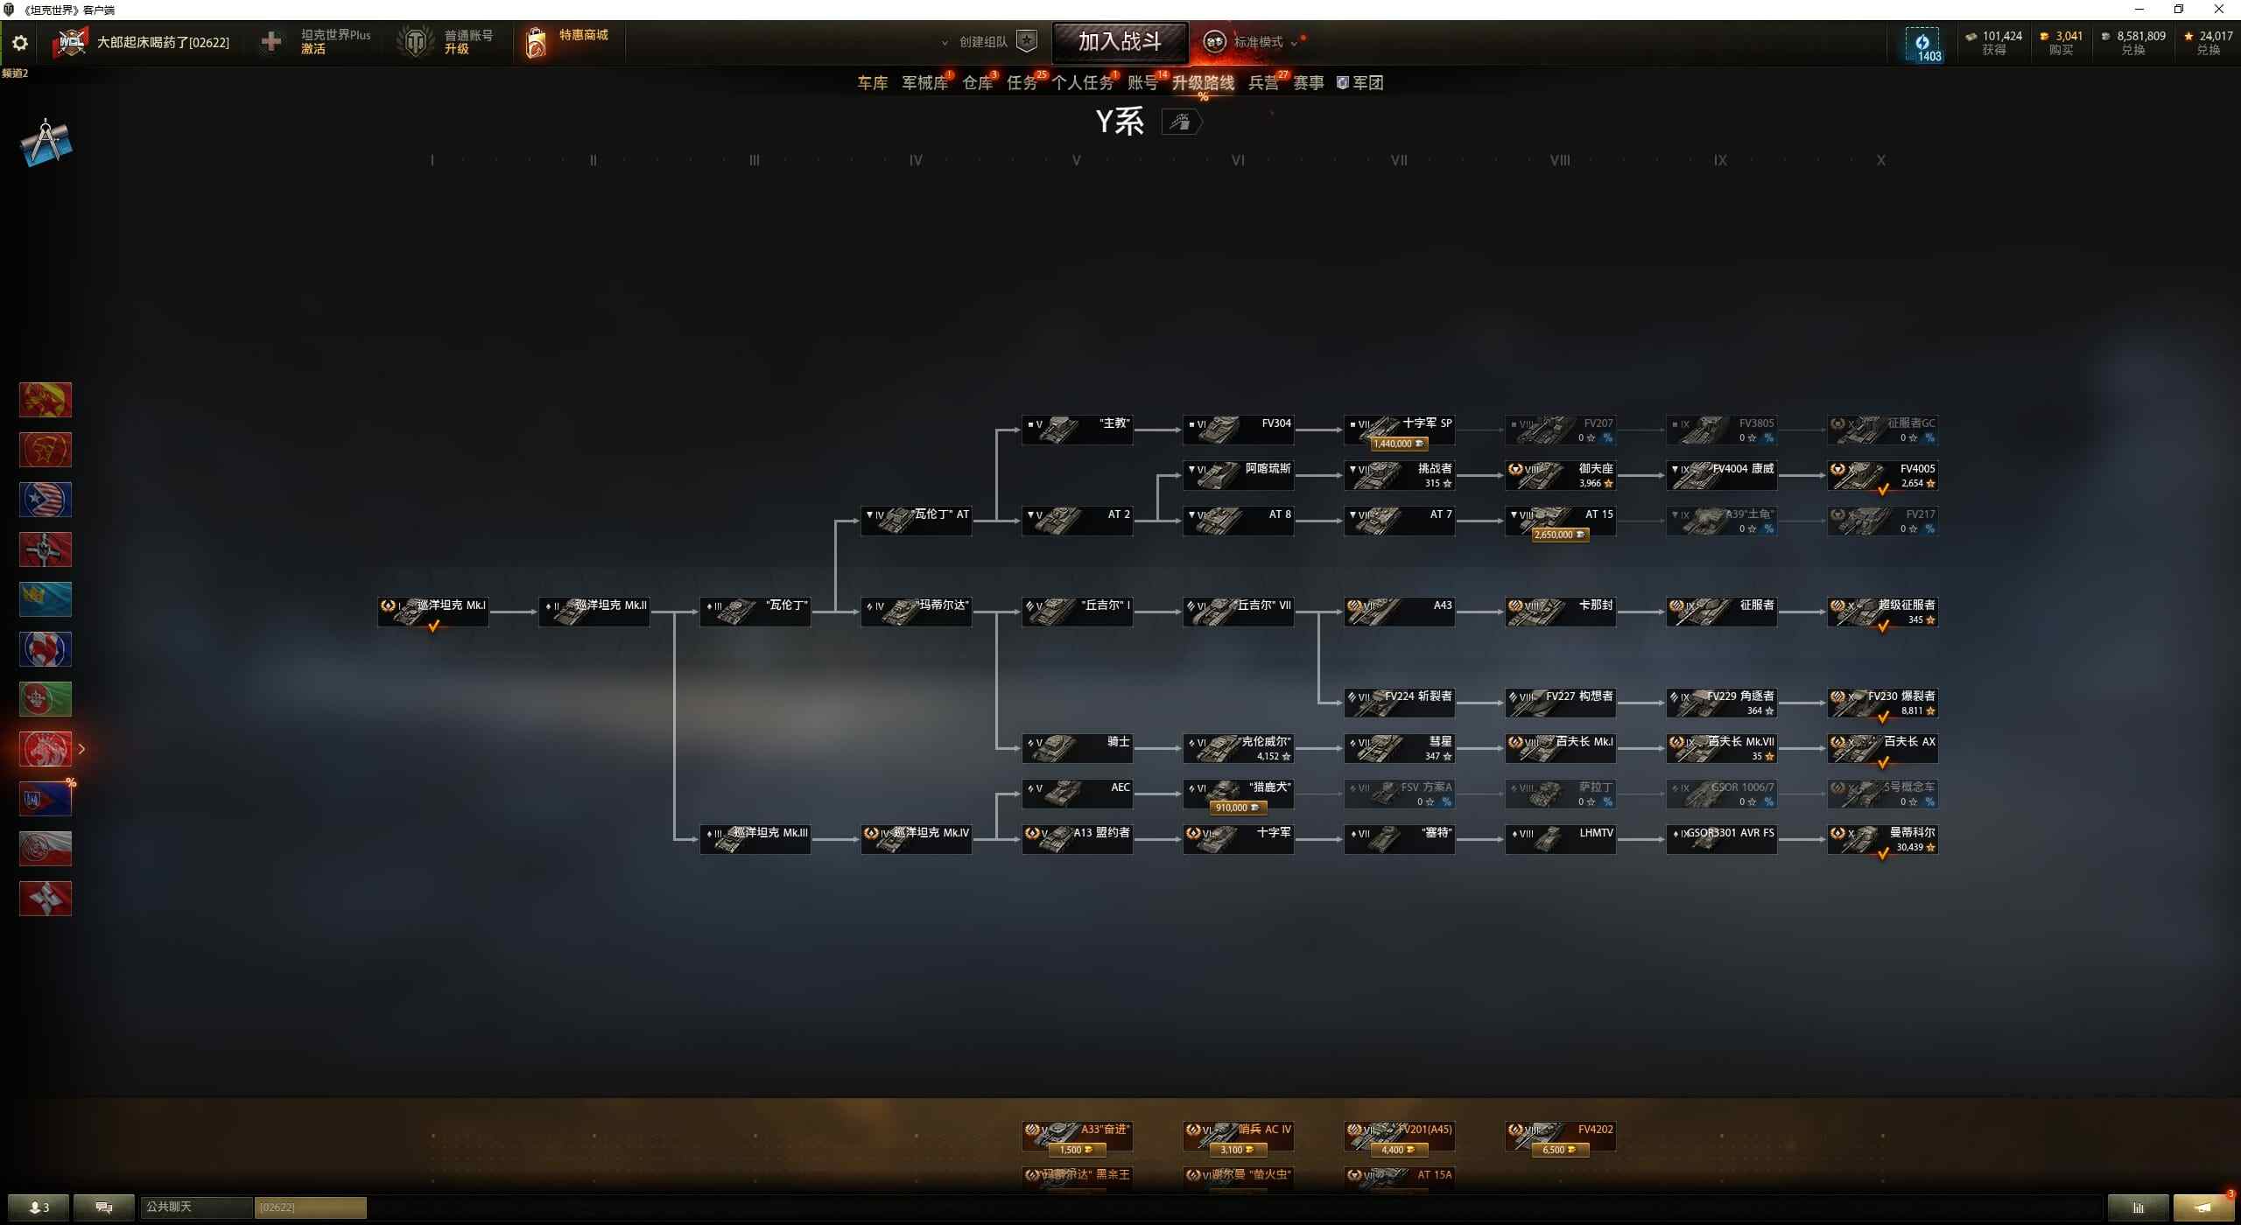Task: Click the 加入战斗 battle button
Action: click(1120, 41)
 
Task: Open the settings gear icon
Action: click(19, 42)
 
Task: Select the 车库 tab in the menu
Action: click(872, 83)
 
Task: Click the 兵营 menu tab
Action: click(1262, 83)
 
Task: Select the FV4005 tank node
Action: click(1882, 475)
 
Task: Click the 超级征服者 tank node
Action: click(1882, 612)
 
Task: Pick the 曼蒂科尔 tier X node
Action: click(1882, 839)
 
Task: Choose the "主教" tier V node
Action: click(1077, 430)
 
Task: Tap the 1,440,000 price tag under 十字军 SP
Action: click(1398, 444)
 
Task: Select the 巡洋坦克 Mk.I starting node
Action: click(433, 612)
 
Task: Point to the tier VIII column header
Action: click(1560, 160)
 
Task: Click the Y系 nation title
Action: click(1120, 122)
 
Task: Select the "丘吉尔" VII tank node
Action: click(1238, 612)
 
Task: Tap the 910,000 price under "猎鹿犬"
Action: click(1237, 808)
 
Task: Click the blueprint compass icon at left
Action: click(46, 143)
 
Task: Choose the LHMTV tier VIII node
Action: click(1560, 839)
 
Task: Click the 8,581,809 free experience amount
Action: click(2140, 36)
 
